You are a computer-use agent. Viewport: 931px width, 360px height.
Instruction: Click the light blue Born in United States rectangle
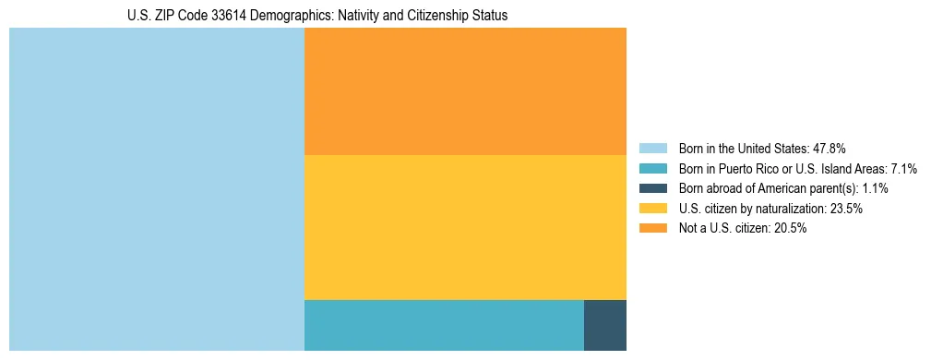(x=157, y=189)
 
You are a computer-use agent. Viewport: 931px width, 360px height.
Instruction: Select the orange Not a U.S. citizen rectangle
(x=465, y=91)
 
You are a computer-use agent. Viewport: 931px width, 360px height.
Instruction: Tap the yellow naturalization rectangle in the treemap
(x=465, y=227)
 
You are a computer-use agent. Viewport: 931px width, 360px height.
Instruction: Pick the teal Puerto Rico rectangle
(x=444, y=325)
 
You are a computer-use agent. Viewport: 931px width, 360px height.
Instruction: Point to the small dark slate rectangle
(x=605, y=325)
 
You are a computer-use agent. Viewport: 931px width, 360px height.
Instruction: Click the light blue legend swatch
(x=652, y=148)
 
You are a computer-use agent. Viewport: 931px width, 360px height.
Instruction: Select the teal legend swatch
(x=652, y=168)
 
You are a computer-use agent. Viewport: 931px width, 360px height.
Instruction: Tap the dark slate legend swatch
(x=652, y=188)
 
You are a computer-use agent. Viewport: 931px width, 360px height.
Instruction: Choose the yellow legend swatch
(x=652, y=209)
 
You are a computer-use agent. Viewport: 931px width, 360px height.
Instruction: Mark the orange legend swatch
(x=652, y=229)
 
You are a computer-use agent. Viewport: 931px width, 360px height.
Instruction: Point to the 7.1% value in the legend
(x=903, y=168)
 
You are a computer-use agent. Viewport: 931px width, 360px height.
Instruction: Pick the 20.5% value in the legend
(x=791, y=229)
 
